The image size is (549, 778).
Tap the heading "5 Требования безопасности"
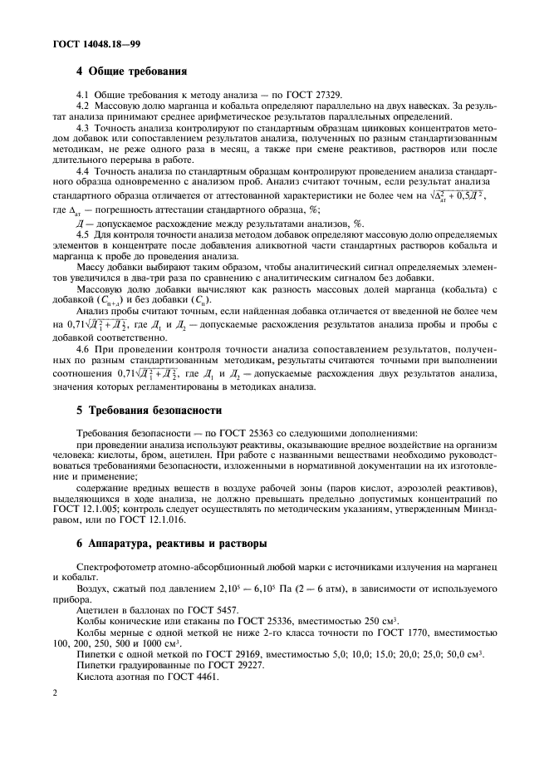pos(148,410)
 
